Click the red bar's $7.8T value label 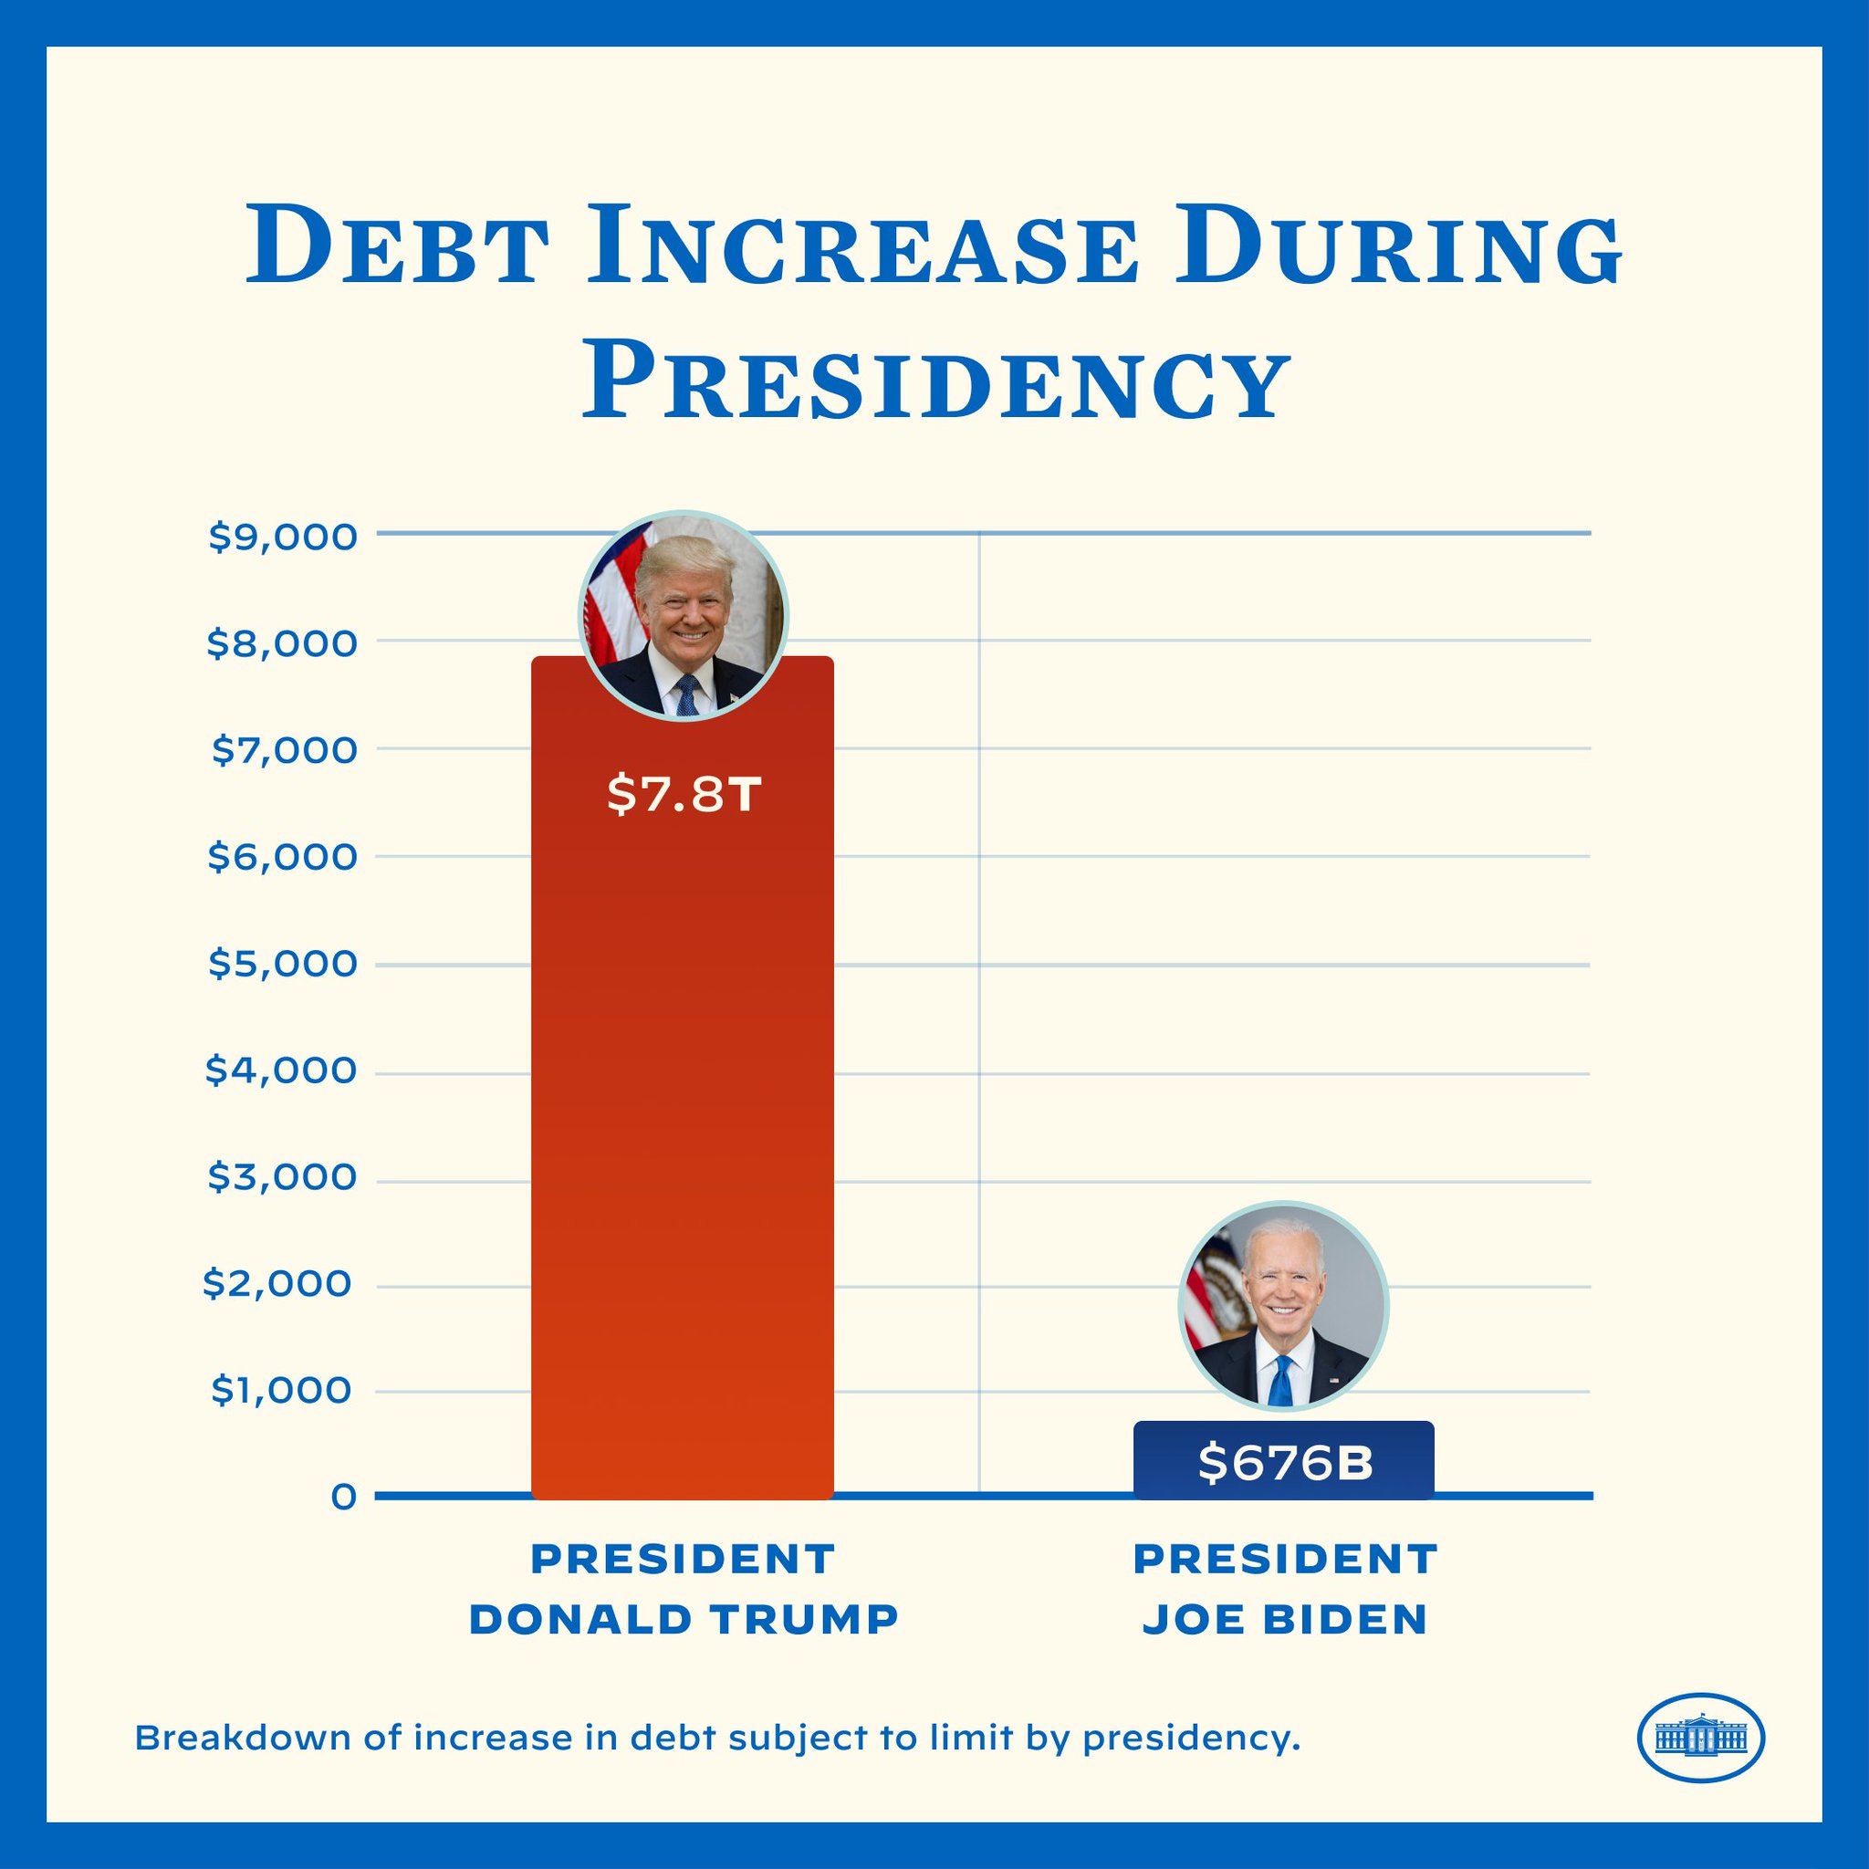coord(683,795)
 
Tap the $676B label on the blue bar coord(1285,1464)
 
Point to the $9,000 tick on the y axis coord(283,537)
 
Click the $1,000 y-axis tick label coord(281,1391)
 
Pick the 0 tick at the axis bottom coord(343,1498)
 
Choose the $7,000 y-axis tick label coord(284,751)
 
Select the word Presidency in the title coord(934,383)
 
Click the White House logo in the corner coord(1701,1738)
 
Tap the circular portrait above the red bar coord(683,615)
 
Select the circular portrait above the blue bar coord(1283,1306)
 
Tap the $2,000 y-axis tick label coord(277,1285)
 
